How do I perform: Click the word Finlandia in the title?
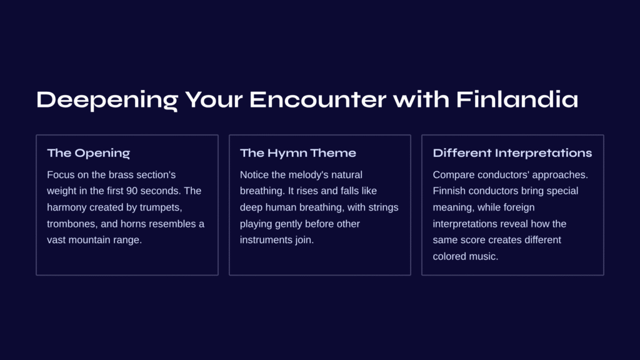[x=517, y=99]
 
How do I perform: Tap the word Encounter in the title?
[x=317, y=99]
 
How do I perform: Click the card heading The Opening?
[x=89, y=153]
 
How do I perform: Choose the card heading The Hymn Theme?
[x=298, y=153]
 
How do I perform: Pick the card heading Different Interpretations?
[x=512, y=153]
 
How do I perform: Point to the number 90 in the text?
[x=132, y=191]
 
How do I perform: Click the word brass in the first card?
[x=121, y=175]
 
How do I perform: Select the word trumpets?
[x=161, y=207]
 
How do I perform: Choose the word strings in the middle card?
[x=383, y=207]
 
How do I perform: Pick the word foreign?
[x=519, y=207]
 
